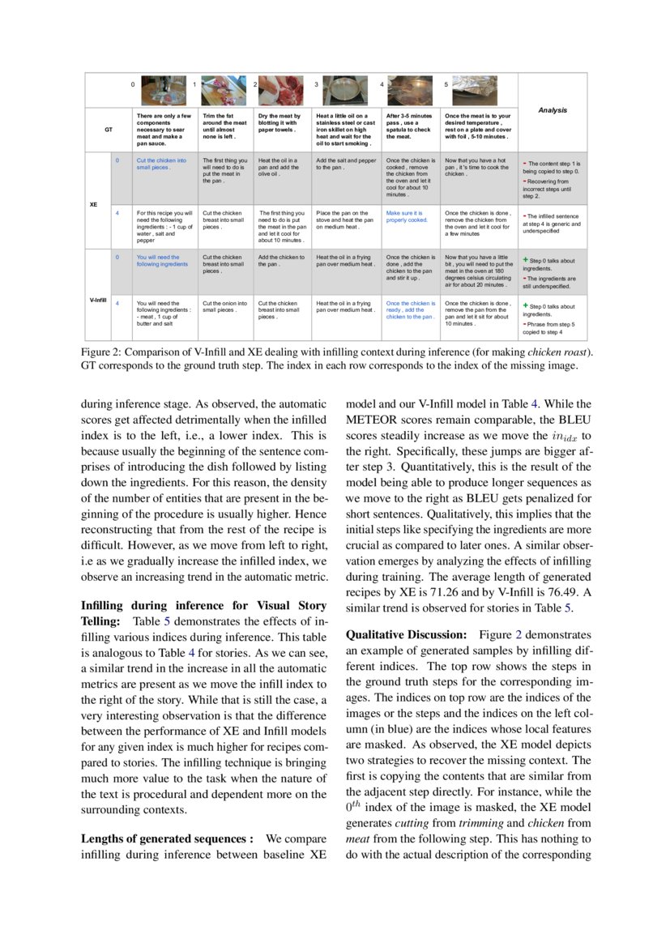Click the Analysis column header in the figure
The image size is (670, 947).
553,110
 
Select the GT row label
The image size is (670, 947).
109,130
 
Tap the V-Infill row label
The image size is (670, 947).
98,301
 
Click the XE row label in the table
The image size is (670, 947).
93,204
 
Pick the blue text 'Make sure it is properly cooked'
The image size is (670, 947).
407,216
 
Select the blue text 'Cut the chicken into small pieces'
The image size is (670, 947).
161,164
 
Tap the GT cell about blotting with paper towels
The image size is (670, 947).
280,122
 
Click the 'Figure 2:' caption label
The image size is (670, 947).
100,352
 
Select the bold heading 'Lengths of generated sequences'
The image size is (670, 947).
168,838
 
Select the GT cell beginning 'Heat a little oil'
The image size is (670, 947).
346,130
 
